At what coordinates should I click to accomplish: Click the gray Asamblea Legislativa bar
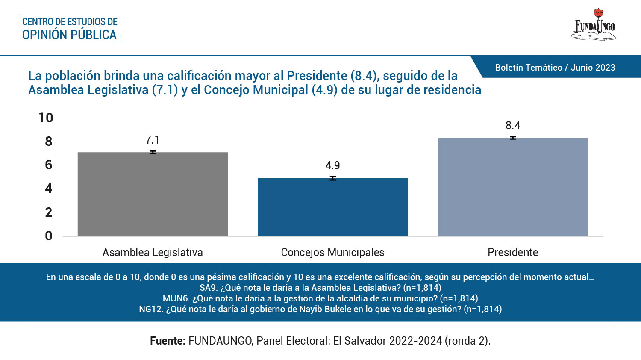pos(153,195)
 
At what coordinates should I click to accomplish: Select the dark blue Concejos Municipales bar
pos(332,207)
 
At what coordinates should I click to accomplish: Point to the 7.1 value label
pos(152,140)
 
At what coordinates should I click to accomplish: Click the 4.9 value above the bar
pos(332,165)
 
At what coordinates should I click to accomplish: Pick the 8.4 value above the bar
pos(513,125)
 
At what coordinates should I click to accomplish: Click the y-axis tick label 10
pos(46,118)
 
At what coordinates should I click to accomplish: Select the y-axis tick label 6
pos(49,165)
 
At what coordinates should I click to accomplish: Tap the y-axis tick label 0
pos(49,236)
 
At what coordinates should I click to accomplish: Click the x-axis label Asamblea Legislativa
pos(153,252)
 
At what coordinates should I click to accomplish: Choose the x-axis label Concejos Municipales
pos(332,252)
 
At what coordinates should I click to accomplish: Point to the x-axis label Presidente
pos(513,252)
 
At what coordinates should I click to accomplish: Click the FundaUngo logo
pos(594,25)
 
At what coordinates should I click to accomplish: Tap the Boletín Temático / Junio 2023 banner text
pos(555,68)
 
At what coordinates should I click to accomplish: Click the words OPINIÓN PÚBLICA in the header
pos(69,35)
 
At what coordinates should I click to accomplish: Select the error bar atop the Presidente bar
pos(513,138)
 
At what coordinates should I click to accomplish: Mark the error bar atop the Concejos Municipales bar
pos(332,178)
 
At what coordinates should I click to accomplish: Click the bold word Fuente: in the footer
pos(168,341)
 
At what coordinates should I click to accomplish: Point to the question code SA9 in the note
pos(208,288)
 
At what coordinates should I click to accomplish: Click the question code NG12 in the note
pos(150,309)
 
